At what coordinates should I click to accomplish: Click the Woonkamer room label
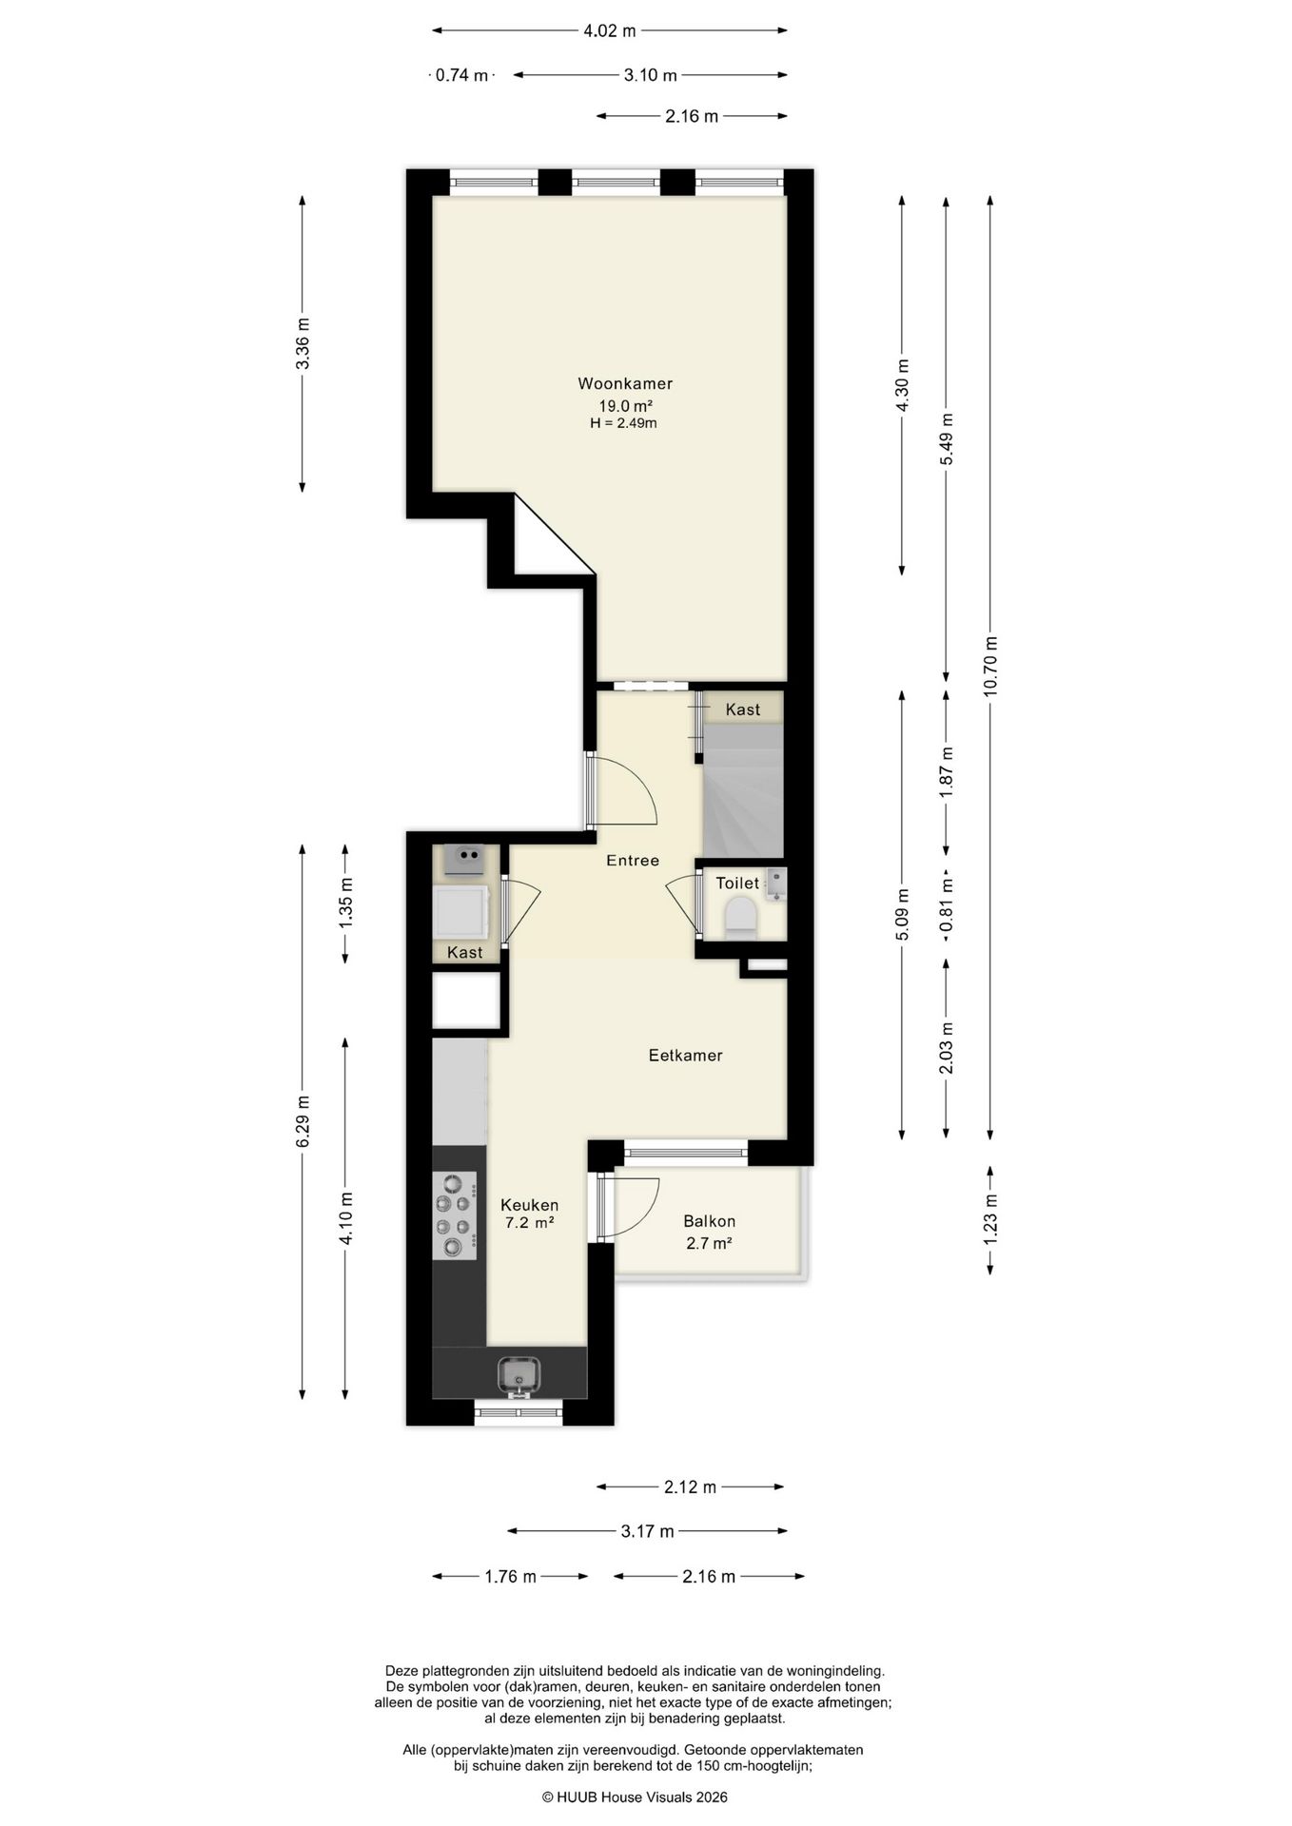(625, 384)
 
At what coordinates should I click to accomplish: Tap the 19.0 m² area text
(624, 406)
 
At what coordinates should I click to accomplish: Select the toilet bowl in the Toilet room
(740, 920)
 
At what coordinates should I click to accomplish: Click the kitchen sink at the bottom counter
(519, 1373)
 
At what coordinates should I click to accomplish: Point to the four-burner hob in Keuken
(455, 1215)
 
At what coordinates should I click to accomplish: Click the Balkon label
(709, 1221)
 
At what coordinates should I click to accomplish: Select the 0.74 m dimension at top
(461, 75)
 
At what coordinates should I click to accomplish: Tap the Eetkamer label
(685, 1056)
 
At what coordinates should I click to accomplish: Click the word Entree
(633, 861)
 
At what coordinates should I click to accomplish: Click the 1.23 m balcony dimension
(990, 1220)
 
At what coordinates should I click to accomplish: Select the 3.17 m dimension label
(647, 1531)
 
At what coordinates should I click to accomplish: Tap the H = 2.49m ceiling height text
(623, 423)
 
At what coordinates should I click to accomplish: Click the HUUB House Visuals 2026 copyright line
(635, 1797)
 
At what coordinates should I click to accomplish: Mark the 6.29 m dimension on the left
(303, 1121)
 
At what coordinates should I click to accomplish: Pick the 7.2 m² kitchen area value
(530, 1223)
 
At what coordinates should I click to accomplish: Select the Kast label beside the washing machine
(464, 952)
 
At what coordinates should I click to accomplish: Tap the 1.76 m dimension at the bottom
(510, 1576)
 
